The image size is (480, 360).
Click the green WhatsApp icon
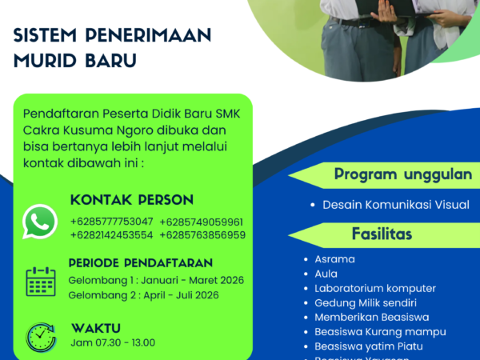[x=40, y=222]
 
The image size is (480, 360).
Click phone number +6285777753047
[x=111, y=222]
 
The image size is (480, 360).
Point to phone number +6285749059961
[x=202, y=222]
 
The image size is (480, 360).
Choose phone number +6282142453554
[x=111, y=235]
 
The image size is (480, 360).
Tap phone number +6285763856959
[x=202, y=235]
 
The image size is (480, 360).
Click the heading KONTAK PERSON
[x=132, y=200]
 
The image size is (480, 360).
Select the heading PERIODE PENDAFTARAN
[x=141, y=262]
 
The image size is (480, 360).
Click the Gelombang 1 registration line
[x=156, y=280]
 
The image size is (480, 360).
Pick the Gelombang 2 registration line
[x=143, y=294]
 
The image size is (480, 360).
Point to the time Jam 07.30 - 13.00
[x=113, y=342]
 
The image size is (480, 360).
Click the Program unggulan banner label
[x=391, y=174]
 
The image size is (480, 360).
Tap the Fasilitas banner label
[x=382, y=234]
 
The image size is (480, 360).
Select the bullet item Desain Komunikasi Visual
[x=396, y=205]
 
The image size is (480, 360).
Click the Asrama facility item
[x=334, y=259]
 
